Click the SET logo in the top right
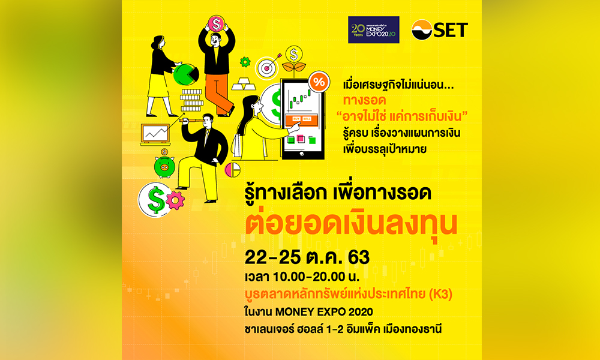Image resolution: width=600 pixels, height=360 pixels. pyautogui.click(x=439, y=29)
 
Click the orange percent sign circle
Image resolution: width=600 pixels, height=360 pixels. pyautogui.click(x=319, y=82)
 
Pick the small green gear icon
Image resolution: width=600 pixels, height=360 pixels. pyautogui.click(x=244, y=62)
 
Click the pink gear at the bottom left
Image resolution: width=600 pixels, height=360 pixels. pyautogui.click(x=175, y=200)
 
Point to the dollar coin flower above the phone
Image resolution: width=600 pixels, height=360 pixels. pyautogui.click(x=294, y=56)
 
